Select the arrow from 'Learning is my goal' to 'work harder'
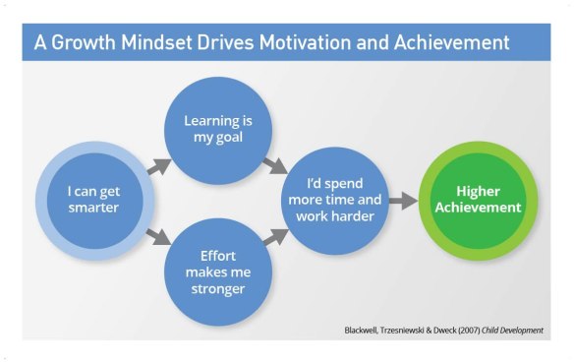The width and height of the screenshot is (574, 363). (x=277, y=162)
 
